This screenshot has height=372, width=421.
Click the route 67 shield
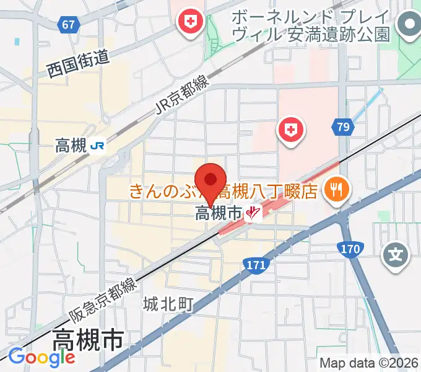pos(69,25)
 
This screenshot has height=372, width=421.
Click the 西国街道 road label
pos(78,65)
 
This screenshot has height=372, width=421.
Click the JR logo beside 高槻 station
pos(97,146)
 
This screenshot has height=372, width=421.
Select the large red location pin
pos(212,182)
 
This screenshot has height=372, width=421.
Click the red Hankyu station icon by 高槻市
pos(253,215)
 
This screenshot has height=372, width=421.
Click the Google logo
pos(41,356)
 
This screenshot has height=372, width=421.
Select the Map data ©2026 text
pos(368,363)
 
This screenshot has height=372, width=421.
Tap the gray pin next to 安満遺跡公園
pos(409,25)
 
